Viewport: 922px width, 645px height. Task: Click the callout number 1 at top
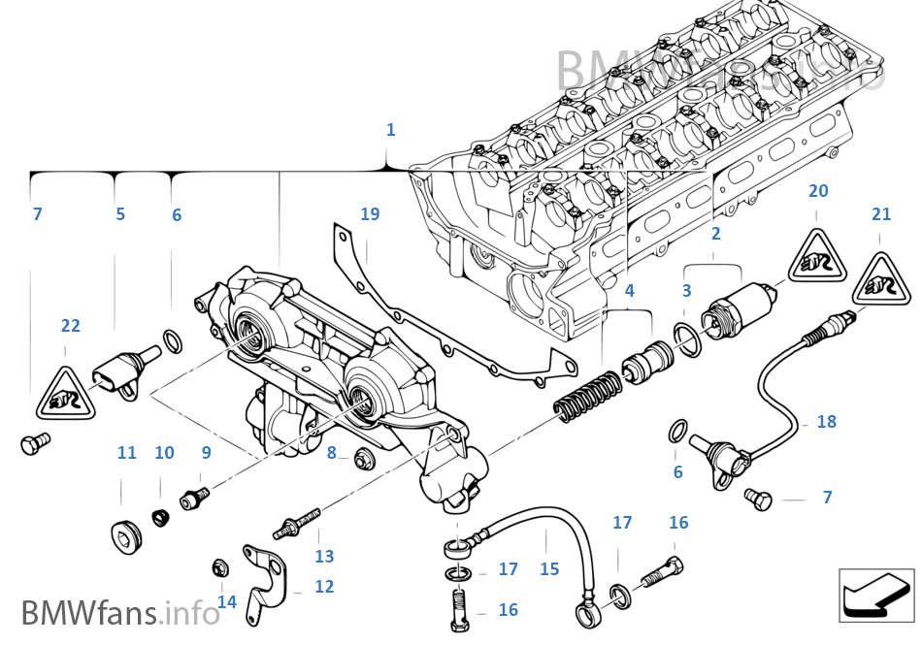tap(390, 130)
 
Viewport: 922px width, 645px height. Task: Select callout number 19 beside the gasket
tap(370, 214)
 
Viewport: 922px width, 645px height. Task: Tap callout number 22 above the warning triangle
tap(71, 326)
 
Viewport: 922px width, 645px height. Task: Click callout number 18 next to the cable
tap(826, 422)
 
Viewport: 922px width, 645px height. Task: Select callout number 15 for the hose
tap(549, 568)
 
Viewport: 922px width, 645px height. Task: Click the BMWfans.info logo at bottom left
tap(120, 613)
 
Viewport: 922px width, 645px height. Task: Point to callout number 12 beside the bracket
tap(324, 587)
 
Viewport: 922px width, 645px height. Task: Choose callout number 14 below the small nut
tap(226, 601)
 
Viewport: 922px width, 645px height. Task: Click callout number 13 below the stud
tap(324, 556)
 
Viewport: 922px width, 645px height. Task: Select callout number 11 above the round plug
tap(127, 453)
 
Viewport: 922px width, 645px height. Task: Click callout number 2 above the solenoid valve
tap(715, 234)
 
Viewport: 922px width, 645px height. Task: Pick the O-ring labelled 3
tap(687, 339)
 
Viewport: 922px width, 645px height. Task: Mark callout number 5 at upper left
tap(120, 214)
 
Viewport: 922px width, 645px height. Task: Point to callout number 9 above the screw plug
tap(206, 452)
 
